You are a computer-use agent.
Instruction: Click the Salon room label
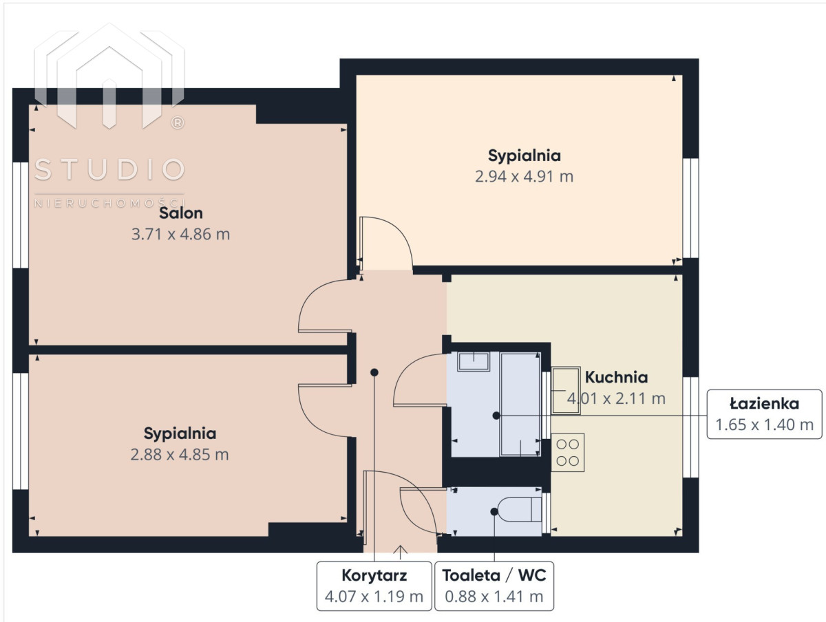180,213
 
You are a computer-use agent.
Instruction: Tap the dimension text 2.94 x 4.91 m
524,176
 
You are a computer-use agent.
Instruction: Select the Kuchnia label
616,377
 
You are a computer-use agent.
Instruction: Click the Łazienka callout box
764,414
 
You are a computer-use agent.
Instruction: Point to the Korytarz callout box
374,586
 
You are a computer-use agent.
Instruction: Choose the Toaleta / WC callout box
494,586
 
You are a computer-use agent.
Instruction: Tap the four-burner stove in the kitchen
567,453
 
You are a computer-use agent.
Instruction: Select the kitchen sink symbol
566,391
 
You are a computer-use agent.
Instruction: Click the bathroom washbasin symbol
474,362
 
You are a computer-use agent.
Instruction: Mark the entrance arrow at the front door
400,552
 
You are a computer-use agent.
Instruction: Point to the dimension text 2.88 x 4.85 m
180,455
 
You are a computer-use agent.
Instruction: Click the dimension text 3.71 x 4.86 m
180,235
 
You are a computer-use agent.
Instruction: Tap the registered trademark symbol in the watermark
178,122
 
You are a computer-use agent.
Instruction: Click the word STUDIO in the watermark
109,169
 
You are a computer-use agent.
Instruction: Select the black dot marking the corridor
374,372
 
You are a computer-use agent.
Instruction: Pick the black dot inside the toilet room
494,512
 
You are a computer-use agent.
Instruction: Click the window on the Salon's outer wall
21,215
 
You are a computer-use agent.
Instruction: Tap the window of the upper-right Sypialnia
690,208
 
